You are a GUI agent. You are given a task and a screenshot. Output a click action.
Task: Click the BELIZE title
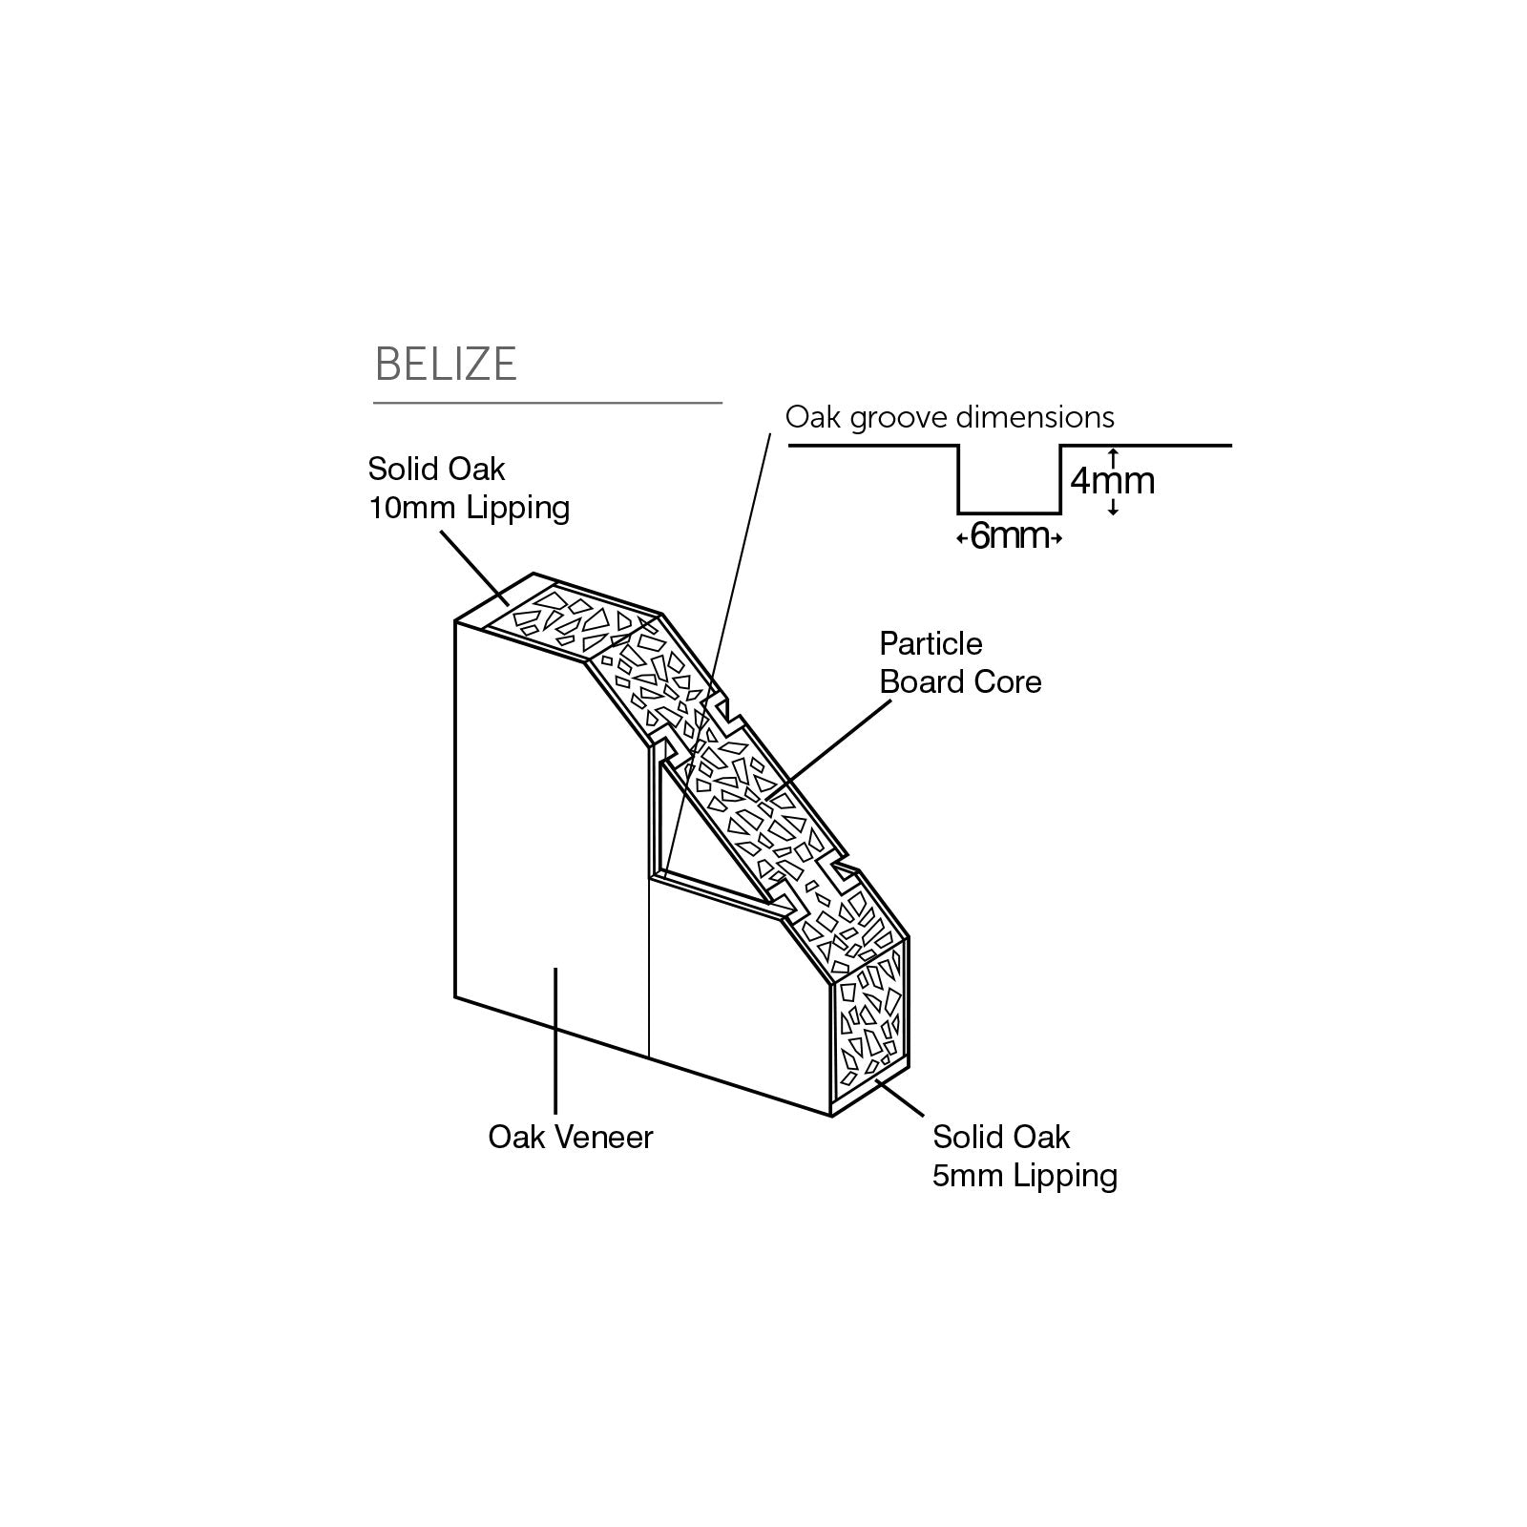[446, 364]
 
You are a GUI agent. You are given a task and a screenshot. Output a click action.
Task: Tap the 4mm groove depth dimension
[1113, 481]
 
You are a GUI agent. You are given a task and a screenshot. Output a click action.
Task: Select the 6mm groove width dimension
[1010, 537]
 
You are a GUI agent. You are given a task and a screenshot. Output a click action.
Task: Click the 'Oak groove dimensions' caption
[950, 417]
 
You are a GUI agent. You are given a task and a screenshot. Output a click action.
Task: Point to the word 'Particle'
[931, 644]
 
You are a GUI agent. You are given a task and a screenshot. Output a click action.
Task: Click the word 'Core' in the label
[1013, 682]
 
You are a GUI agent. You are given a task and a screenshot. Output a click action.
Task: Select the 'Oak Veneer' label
[571, 1137]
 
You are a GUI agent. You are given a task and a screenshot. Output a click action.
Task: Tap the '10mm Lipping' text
[469, 508]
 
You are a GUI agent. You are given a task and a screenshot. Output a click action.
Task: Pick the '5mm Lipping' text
[1025, 1176]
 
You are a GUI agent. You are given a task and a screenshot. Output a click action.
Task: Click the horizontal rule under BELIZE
[547, 404]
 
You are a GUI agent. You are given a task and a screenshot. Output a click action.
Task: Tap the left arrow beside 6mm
[962, 539]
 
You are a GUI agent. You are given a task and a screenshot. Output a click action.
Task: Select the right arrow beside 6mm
[1056, 539]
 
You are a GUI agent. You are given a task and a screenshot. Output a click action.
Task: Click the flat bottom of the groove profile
[1010, 512]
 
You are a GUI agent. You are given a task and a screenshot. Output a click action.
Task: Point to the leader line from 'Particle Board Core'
[830, 744]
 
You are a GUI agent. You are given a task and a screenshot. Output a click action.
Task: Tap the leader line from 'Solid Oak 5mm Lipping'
[901, 1098]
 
